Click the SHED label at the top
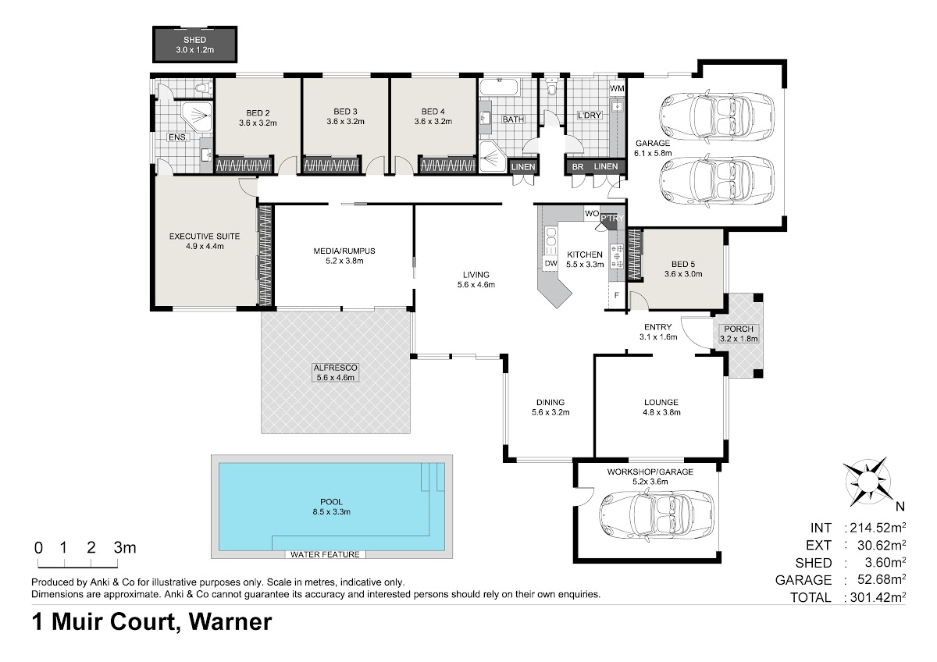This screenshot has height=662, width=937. (195, 40)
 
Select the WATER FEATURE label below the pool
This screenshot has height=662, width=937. (325, 554)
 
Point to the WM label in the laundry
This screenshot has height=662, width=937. (617, 89)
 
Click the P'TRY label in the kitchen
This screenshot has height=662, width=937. (612, 219)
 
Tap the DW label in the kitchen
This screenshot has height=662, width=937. (551, 263)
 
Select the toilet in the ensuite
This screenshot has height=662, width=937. (204, 88)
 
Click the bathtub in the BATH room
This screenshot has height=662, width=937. (499, 87)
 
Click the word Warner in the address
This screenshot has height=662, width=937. (230, 622)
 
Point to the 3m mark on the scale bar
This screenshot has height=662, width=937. (125, 548)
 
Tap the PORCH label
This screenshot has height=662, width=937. (739, 329)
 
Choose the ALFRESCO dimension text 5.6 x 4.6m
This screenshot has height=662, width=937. (336, 378)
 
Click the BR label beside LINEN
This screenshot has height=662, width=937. (578, 167)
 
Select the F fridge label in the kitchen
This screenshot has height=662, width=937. (617, 295)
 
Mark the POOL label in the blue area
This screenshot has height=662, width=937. (331, 502)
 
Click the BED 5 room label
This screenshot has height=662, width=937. (683, 265)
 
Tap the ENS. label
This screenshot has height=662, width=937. (178, 137)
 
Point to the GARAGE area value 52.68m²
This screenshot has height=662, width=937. (882, 579)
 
